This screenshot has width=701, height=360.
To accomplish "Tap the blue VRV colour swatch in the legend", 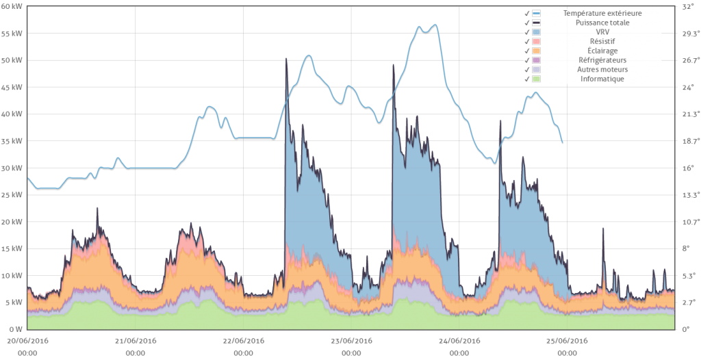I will click(x=537, y=32).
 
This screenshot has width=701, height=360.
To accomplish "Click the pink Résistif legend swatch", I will click(x=537, y=42).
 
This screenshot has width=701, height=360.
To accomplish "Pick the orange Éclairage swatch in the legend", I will click(x=537, y=51).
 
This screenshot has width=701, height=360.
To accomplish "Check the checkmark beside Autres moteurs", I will click(x=527, y=70).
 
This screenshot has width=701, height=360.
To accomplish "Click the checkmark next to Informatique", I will click(x=527, y=79).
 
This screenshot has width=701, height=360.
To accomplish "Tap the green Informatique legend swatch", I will click(x=537, y=79).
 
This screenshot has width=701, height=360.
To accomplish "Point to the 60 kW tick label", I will click(x=12, y=6).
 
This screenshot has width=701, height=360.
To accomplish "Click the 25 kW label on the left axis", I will click(x=12, y=195).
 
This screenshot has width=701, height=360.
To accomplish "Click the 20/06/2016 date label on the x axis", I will click(x=28, y=340).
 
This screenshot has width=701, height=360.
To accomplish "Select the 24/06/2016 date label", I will click(x=459, y=340).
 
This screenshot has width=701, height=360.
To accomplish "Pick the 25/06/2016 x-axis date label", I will click(x=567, y=340).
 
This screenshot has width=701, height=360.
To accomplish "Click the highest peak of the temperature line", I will click(x=435, y=25).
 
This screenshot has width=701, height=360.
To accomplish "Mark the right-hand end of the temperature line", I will click(x=563, y=142).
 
